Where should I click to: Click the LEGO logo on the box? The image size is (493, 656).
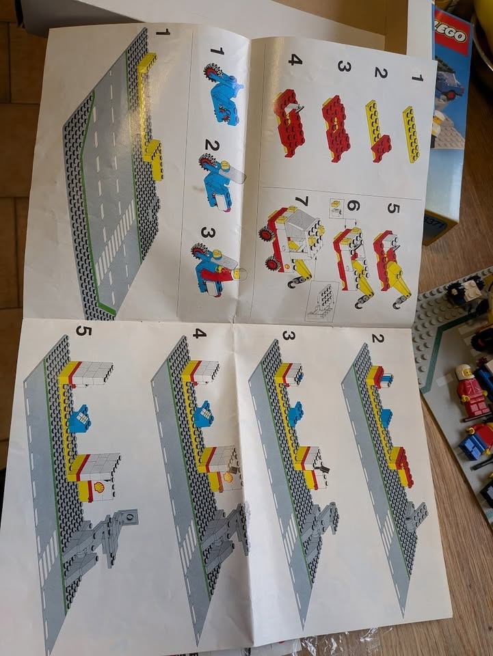453,38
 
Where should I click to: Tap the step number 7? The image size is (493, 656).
302,202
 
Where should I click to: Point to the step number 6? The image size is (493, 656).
353,206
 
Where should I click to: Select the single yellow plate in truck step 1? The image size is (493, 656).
411,134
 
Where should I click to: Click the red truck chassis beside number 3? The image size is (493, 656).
336,127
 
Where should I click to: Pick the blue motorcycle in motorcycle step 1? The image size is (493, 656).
222,96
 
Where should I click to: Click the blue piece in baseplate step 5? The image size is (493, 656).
79,418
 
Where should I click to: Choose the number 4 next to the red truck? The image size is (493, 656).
295,59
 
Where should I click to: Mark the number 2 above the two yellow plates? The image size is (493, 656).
380,73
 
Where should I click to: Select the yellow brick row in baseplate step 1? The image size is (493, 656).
147,116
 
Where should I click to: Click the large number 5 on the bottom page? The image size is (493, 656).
83,331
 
